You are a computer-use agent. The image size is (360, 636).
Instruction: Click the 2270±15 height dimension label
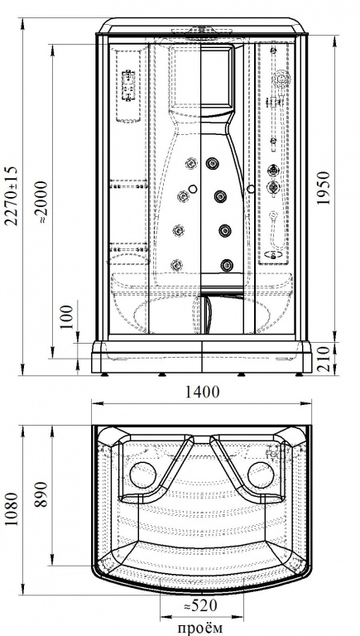pos(12,195)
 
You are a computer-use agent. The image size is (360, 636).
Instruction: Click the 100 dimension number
pos(68,317)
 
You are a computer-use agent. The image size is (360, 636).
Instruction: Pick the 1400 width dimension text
pos(202,393)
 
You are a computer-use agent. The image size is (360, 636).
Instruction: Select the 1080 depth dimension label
pos(12,509)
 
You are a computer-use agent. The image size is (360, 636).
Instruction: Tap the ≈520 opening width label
pos(200,606)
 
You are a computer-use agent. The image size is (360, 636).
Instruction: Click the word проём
pos(200,627)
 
